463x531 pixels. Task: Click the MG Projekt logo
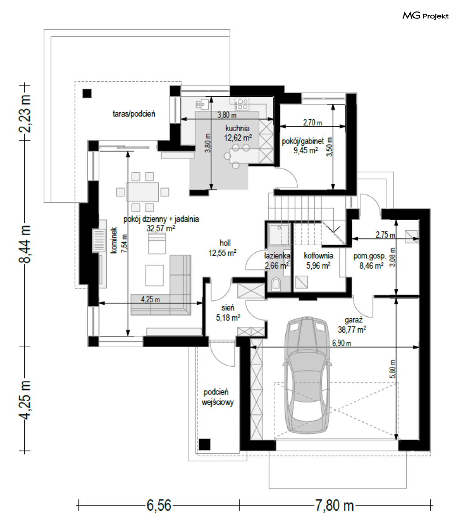(x=426, y=16)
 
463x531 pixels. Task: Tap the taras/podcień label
(x=134, y=114)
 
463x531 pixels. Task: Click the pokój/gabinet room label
(x=302, y=141)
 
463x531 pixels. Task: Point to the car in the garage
(x=307, y=375)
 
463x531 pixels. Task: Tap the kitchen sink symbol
(x=202, y=104)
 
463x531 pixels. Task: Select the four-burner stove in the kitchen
(x=242, y=104)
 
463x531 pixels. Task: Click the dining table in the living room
(x=142, y=192)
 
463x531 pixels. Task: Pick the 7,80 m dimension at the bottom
(x=334, y=505)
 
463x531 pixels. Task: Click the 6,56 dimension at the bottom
(x=159, y=505)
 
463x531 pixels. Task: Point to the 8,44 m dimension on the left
(x=25, y=244)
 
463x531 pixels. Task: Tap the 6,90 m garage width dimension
(x=342, y=343)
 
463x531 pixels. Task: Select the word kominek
(x=114, y=240)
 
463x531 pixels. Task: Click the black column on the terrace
(x=87, y=93)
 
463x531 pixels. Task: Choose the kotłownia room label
(x=318, y=256)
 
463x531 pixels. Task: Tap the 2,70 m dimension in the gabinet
(x=313, y=122)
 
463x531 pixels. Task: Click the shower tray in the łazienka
(x=279, y=235)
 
